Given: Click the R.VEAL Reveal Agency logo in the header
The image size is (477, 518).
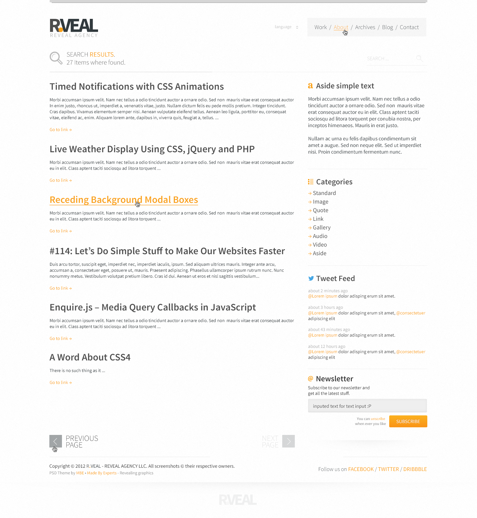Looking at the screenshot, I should (x=74, y=28).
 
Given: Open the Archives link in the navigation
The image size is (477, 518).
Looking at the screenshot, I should (x=365, y=27).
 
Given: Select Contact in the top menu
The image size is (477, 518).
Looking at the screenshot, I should (x=409, y=27).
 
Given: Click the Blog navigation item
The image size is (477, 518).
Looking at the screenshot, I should (x=387, y=27).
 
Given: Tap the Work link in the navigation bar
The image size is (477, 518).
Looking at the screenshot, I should (x=320, y=27).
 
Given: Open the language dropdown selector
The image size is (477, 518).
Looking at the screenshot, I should (x=287, y=27).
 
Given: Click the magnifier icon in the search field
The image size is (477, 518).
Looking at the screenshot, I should (x=419, y=59).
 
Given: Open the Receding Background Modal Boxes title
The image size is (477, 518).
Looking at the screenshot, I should (x=124, y=200).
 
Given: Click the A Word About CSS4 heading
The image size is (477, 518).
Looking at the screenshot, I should (x=90, y=357).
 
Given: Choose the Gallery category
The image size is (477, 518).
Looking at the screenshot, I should (x=321, y=228).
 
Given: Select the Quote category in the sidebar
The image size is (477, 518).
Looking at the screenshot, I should (x=320, y=211).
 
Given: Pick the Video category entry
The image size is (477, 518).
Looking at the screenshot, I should (x=320, y=245).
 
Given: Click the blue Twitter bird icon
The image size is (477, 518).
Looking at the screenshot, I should (x=311, y=278).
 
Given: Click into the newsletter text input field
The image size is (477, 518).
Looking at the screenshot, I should (x=367, y=406).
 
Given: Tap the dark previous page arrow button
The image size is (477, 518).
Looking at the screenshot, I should (x=56, y=441).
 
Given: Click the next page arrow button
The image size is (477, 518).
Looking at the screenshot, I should (x=289, y=441).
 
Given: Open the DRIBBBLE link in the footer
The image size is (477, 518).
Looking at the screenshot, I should (x=415, y=469).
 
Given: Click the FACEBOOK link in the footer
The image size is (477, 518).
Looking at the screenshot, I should (x=361, y=469).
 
